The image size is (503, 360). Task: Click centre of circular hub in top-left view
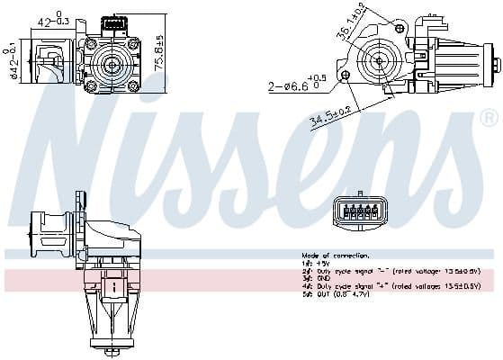112,64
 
